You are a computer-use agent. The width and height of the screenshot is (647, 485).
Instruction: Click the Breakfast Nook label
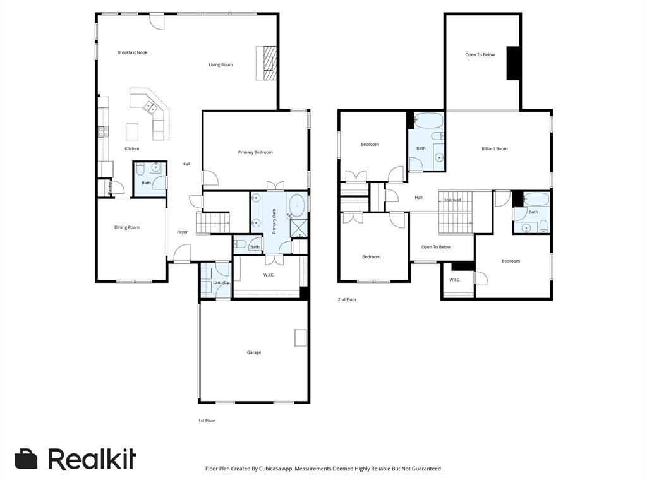point(132,52)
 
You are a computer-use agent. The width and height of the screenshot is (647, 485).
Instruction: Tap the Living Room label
point(221,64)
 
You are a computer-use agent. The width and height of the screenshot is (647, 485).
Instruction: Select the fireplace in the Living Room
point(266,63)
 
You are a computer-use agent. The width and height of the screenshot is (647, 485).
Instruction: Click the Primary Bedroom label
point(255,152)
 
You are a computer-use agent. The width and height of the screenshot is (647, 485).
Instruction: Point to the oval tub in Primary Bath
point(297,206)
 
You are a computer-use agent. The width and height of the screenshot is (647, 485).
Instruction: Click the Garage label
point(254,352)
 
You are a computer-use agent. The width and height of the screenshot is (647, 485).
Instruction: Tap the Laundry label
point(221,282)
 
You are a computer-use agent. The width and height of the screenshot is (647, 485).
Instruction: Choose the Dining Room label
point(127,227)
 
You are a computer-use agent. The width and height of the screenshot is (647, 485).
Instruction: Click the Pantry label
point(110,188)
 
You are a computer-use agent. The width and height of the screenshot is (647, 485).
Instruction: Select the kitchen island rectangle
point(132,132)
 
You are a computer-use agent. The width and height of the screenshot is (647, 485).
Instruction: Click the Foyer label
point(182,232)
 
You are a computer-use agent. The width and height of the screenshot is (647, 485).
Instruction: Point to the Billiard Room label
point(495,149)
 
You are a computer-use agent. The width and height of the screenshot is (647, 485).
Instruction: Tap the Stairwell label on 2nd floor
point(452,200)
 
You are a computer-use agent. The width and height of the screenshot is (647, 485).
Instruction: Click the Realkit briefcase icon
point(26,459)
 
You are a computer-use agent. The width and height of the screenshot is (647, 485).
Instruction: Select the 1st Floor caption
point(207,421)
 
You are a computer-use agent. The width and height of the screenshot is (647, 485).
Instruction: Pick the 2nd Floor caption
point(347,299)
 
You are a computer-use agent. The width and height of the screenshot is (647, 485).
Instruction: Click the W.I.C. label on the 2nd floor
point(455,280)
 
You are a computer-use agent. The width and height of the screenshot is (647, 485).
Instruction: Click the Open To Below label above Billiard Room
point(480,55)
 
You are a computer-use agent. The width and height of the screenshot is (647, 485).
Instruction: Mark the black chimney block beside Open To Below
point(514,63)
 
